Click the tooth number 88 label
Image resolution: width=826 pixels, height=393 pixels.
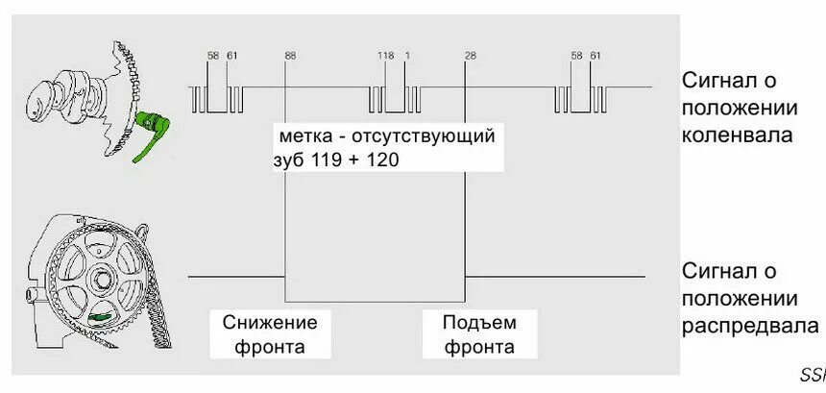290,56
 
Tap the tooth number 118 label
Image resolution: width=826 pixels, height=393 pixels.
386,56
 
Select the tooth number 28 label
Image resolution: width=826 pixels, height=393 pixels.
470,56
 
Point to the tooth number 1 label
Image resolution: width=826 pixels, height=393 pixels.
407,56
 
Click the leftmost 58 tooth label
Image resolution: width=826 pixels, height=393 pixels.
213,56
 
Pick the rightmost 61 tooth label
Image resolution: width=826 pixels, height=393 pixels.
595,56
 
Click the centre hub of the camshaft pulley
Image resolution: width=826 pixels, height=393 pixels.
99,279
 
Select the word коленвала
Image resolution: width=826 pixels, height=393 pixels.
737,135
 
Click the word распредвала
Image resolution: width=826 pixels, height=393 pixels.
750,326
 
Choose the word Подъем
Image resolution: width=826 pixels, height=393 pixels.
479,322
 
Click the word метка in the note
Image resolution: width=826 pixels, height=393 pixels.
305,136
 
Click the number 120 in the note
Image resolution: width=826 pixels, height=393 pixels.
381,160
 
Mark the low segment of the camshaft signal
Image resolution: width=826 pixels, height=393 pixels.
376,300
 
